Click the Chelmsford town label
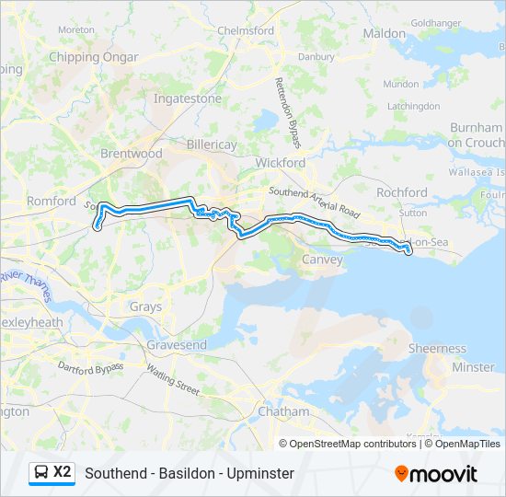246,30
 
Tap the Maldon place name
384,33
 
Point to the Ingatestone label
188,98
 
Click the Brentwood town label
131,154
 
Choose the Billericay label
212,145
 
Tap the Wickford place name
280,163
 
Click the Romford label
52,201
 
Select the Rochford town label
402,192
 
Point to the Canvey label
322,260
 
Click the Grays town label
145,307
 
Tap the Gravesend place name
177,345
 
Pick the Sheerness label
437,349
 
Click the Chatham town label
283,411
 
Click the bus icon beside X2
41,472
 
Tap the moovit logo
436,473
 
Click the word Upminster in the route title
262,473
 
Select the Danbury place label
317,56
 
